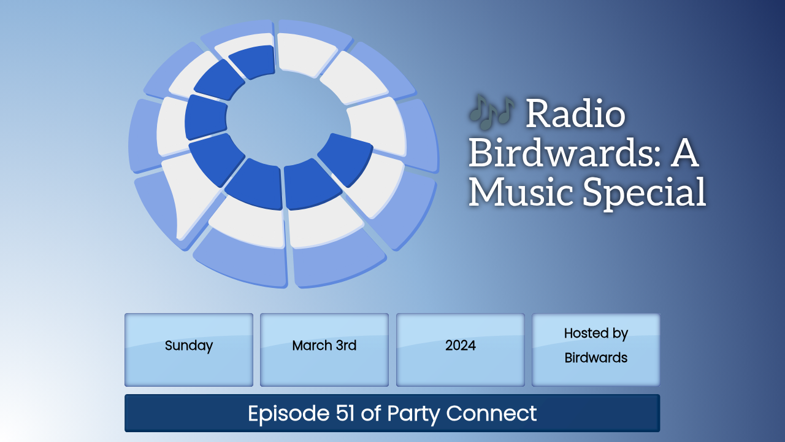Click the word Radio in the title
click(575, 114)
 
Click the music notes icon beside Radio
click(492, 112)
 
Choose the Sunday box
click(188, 350)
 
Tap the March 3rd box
click(324, 350)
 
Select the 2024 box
click(460, 350)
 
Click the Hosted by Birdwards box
click(595, 350)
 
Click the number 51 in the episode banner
click(345, 413)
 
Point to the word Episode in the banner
click(289, 414)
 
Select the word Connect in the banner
click(491, 413)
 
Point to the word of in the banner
click(371, 413)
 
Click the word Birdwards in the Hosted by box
click(595, 358)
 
